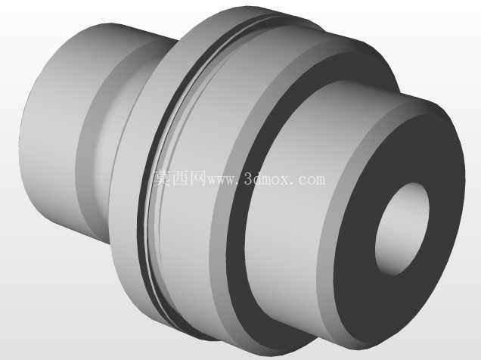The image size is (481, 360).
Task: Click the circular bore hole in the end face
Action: tap(402, 228)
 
